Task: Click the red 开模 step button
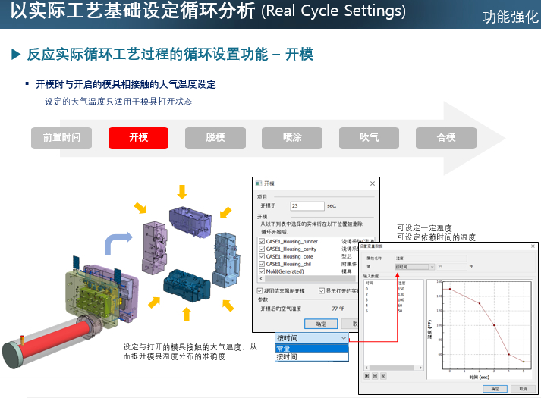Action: (x=138, y=137)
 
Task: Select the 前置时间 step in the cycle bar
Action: (x=61, y=137)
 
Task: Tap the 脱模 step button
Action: (x=215, y=137)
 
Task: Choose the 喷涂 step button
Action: (x=292, y=137)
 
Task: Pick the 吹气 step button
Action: (x=369, y=137)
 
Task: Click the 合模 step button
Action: (x=445, y=137)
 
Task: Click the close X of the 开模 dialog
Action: (x=372, y=184)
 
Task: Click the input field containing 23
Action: (x=307, y=205)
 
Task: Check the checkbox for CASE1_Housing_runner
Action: (x=261, y=241)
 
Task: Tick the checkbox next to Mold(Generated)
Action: (x=261, y=271)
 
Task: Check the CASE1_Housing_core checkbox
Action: (x=261, y=255)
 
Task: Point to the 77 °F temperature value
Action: (x=338, y=309)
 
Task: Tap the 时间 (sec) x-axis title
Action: (x=480, y=376)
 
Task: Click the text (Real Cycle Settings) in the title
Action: (x=333, y=11)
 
